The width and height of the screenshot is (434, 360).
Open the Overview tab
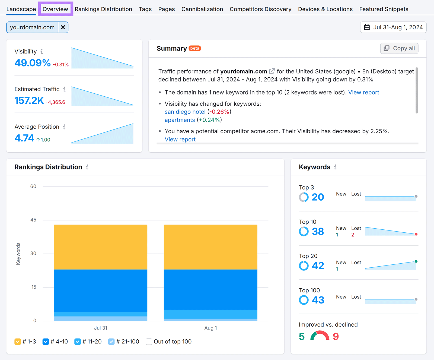(55, 9)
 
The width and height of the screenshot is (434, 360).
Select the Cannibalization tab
(202, 9)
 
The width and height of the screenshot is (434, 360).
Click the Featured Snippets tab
(384, 9)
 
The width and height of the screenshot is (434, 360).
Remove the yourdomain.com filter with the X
(63, 27)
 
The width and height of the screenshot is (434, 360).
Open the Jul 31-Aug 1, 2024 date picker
(393, 27)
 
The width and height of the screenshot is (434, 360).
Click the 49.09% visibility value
(33, 63)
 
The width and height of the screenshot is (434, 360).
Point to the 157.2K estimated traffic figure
(29, 100)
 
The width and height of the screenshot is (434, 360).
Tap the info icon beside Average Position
(64, 127)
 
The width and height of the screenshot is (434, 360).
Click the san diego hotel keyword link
(185, 112)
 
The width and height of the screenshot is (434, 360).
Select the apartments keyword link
(180, 120)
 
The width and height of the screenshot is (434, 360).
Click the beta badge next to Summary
(194, 48)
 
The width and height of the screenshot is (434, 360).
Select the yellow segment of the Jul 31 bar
(100, 247)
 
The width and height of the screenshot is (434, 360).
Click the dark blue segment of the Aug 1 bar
(210, 289)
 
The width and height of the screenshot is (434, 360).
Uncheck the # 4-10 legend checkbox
(46, 342)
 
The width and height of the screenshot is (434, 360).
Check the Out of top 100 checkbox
(149, 342)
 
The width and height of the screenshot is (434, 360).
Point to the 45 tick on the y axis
(33, 220)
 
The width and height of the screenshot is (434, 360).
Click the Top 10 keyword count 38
(318, 232)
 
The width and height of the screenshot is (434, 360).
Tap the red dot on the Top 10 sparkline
(416, 234)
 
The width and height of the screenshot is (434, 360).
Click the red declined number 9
(336, 337)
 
